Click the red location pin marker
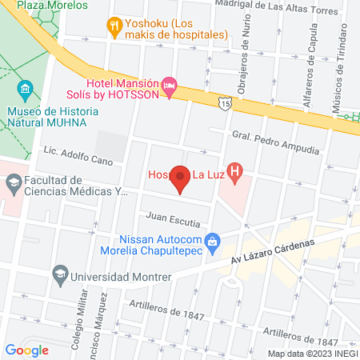pyautogui.click(x=180, y=179)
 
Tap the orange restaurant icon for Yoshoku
pyautogui.click(x=114, y=26)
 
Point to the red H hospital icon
pyautogui.click(x=234, y=170)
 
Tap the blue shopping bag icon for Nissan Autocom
pyautogui.click(x=212, y=240)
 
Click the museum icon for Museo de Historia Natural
pyautogui.click(x=24, y=86)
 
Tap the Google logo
pyautogui.click(x=26, y=350)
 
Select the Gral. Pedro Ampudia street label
pyautogui.click(x=275, y=142)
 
